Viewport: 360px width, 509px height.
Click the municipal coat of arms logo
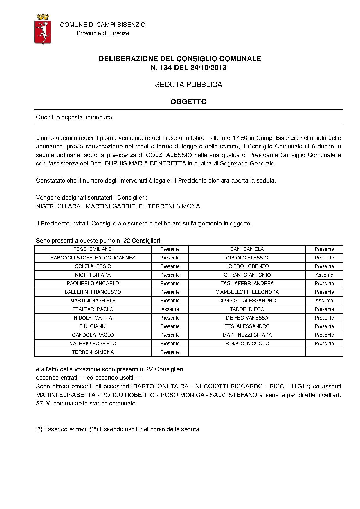pyautogui.click(x=43, y=29)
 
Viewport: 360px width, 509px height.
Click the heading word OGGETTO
pyautogui.click(x=188, y=102)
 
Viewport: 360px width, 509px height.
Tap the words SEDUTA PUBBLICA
pyautogui.click(x=188, y=85)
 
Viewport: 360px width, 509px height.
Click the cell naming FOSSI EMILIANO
pyautogui.click(x=93, y=249)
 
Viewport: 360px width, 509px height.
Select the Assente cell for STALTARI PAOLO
pyautogui.click(x=170, y=309)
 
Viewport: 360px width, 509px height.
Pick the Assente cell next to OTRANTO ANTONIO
pyautogui.click(x=324, y=275)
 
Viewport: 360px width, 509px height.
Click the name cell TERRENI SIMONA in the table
pyautogui.click(x=93, y=352)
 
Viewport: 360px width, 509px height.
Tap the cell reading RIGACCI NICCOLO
pyautogui.click(x=247, y=344)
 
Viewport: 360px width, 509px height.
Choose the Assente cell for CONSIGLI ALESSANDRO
pyautogui.click(x=324, y=301)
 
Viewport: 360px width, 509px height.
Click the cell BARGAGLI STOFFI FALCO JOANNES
pyautogui.click(x=93, y=258)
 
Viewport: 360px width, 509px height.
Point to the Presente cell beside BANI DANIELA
pyautogui.click(x=324, y=249)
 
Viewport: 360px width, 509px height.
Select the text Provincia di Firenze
pyautogui.click(x=103, y=33)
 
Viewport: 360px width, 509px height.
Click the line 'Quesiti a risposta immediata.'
pyautogui.click(x=75, y=118)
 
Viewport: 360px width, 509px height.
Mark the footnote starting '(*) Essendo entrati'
pyautogui.click(x=118, y=429)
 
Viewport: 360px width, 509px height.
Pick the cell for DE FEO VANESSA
pyautogui.click(x=247, y=318)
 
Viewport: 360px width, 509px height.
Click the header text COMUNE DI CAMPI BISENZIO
pyautogui.click(x=103, y=25)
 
